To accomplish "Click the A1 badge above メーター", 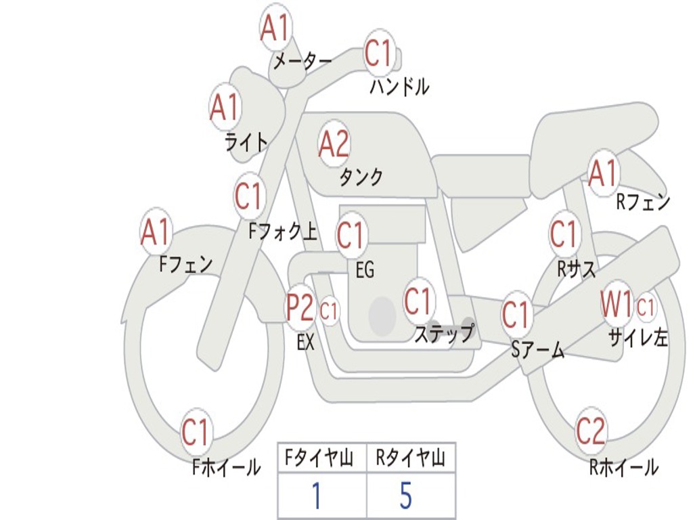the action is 275,28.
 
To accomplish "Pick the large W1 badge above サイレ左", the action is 617,305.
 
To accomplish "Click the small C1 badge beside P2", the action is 329,311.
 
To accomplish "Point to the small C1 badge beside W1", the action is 646,307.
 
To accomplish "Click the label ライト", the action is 246,142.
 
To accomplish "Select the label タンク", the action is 361,177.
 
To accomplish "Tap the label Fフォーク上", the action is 283,233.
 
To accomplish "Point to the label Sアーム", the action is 537,350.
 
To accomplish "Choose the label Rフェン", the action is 642,202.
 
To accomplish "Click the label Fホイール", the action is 226,467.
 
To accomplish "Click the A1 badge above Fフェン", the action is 156,232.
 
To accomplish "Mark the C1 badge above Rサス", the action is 563,235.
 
